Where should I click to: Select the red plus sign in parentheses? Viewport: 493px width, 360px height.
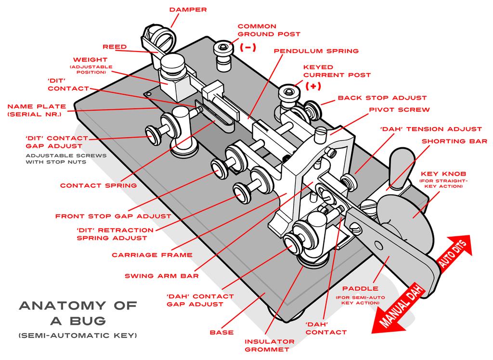click(313, 87)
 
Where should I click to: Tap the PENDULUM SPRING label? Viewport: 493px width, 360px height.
click(316, 51)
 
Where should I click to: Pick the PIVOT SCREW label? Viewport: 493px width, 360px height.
click(399, 110)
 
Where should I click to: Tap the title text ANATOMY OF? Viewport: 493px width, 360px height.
click(78, 305)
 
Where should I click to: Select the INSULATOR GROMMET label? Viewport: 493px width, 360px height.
click(267, 346)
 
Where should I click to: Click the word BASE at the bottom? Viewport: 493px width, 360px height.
click(221, 332)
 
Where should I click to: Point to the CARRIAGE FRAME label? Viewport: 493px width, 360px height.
click(152, 255)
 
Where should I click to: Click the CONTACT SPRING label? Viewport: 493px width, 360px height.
click(98, 185)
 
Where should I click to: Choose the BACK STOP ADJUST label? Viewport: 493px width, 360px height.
click(382, 98)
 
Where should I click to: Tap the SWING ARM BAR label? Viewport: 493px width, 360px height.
click(162, 276)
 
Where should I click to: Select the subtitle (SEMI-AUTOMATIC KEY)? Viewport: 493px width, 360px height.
click(78, 334)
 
